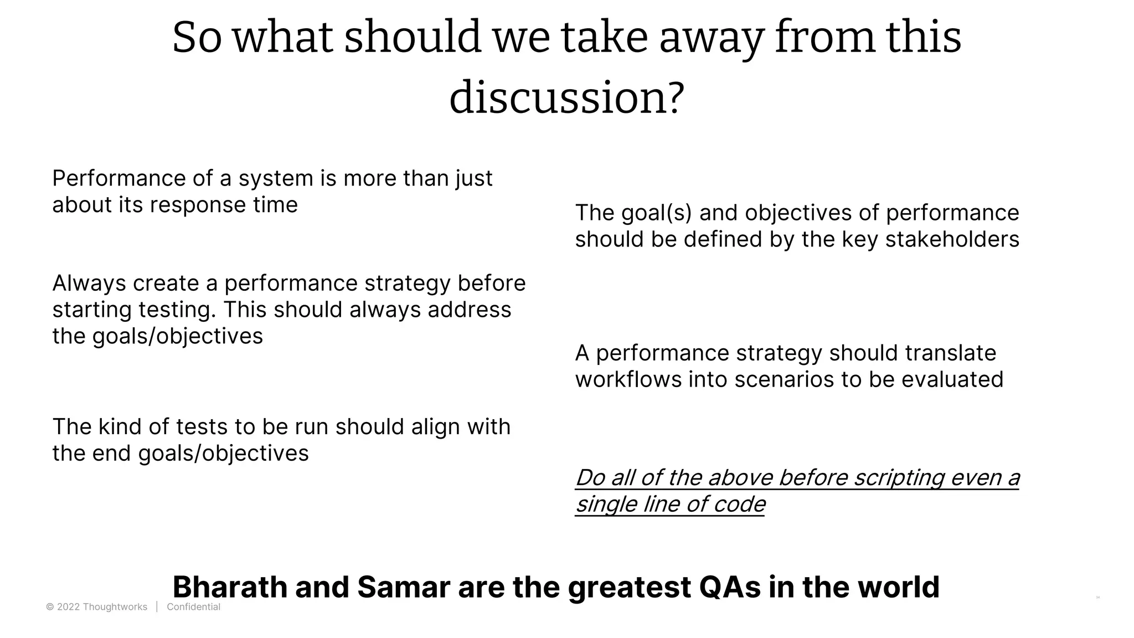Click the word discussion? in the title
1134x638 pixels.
point(566,99)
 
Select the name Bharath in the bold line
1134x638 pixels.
point(230,587)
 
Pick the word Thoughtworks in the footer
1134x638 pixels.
point(115,607)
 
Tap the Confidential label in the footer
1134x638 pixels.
point(193,607)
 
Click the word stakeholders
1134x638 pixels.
point(952,240)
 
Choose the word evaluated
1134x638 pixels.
point(952,380)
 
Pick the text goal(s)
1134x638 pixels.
point(657,213)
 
